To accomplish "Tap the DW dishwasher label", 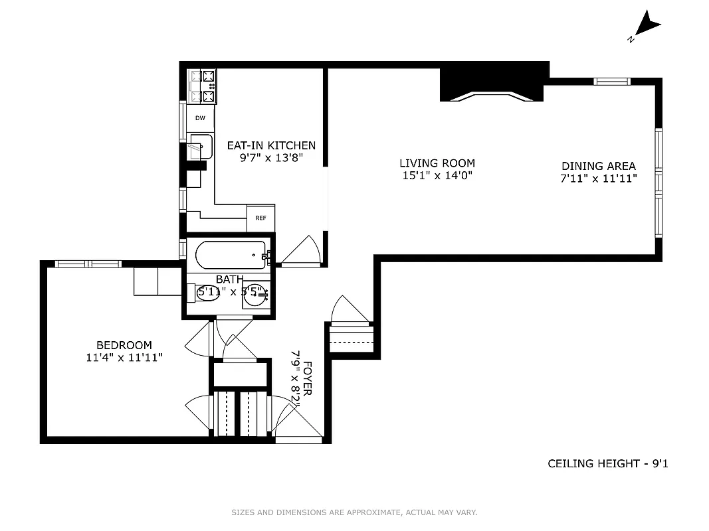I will (x=200, y=118).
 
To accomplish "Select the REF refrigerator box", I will (x=260, y=218).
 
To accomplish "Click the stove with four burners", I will (x=203, y=86).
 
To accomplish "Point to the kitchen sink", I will (x=201, y=147).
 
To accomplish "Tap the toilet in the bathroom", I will (x=205, y=292).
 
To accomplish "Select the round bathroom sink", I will (x=254, y=294).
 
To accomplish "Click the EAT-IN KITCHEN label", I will (x=271, y=145).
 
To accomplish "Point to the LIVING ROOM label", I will (x=437, y=163).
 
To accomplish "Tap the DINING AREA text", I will (x=598, y=166).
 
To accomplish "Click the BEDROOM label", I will (x=124, y=345).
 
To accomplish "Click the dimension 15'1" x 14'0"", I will (x=437, y=176).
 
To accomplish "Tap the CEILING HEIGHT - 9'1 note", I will (x=607, y=463).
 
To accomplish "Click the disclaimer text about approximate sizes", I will (x=354, y=512).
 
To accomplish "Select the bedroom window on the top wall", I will (x=88, y=264).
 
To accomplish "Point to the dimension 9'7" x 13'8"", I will (x=271, y=158).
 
